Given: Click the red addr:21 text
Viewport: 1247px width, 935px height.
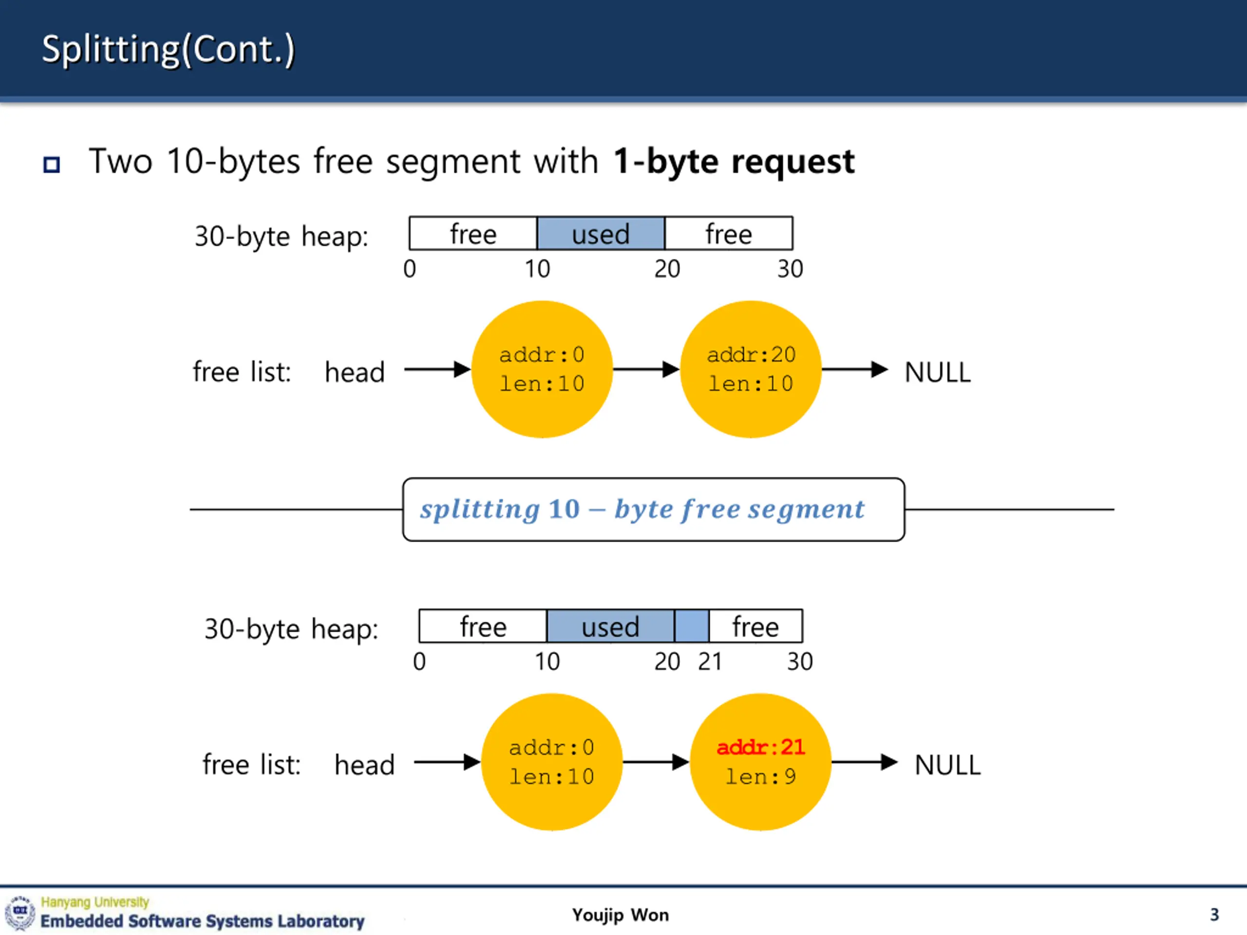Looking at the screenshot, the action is click(x=760, y=748).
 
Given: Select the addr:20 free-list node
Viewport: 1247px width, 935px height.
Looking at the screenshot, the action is click(x=751, y=369).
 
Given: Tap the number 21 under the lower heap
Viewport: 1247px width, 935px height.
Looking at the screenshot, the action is click(x=710, y=661).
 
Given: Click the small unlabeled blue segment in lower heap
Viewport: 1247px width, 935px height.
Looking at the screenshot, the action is click(x=692, y=626).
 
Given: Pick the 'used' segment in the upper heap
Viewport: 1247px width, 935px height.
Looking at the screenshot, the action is click(x=601, y=233).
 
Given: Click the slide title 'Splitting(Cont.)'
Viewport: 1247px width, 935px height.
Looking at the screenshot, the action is click(x=168, y=49).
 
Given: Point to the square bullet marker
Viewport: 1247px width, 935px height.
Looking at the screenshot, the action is click(x=51, y=165).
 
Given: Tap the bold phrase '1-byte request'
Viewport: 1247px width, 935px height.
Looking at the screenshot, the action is click(x=734, y=162).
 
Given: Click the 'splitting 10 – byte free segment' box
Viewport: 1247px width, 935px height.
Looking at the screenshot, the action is click(x=654, y=509).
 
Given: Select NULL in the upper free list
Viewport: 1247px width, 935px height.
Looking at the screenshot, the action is click(x=938, y=372).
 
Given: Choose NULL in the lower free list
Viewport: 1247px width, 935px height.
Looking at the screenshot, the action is click(x=947, y=765).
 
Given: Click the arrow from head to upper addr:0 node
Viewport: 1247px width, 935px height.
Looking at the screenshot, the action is click(x=437, y=369).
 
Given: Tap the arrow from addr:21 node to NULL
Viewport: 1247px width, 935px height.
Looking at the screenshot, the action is click(x=865, y=762).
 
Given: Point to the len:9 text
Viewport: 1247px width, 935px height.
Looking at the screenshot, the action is click(x=760, y=777).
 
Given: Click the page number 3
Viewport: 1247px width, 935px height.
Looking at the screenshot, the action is click(x=1214, y=914).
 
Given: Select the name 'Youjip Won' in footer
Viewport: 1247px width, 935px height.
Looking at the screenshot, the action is click(x=621, y=915).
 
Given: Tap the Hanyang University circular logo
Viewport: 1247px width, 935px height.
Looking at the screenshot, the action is click(x=20, y=913).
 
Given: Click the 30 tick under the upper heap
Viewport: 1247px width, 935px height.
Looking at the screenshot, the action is click(x=791, y=269).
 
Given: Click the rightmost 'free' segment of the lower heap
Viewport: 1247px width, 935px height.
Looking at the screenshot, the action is click(x=756, y=626).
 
